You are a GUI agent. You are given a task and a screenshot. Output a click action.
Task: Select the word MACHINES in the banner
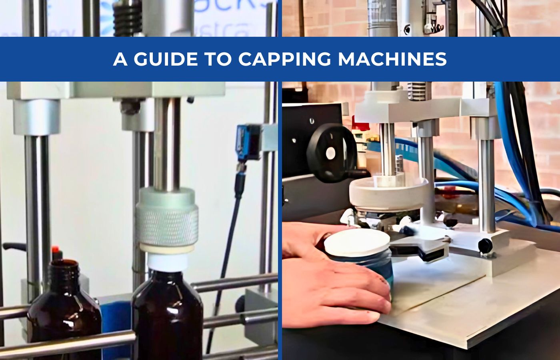(x=392, y=59)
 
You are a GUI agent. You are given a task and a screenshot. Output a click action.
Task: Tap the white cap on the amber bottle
(x=167, y=262)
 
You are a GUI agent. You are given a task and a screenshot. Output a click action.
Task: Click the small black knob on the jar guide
(x=485, y=245)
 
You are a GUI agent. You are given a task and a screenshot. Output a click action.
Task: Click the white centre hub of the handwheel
(x=330, y=153)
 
